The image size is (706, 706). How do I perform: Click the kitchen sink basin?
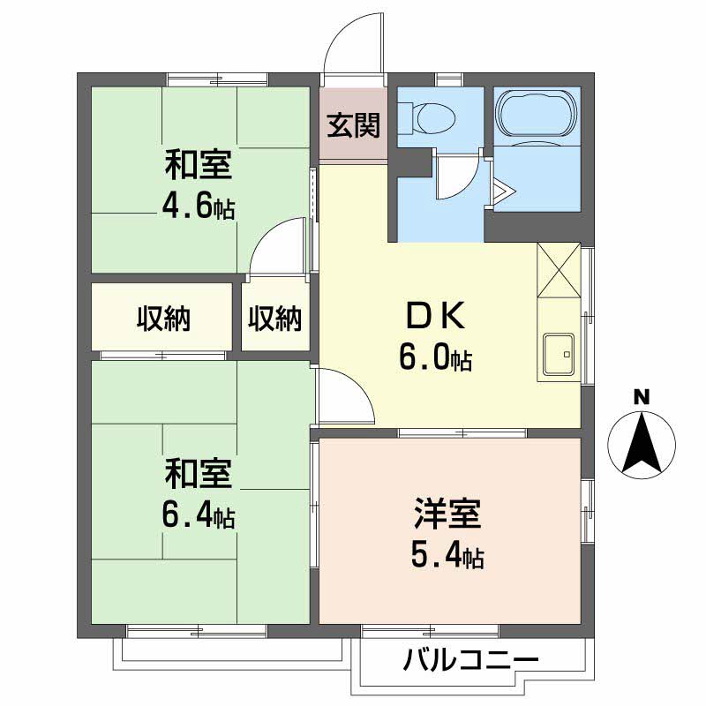pos(558,354)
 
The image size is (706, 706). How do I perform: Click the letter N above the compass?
pos(642,396)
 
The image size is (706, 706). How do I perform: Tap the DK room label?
pos(434,315)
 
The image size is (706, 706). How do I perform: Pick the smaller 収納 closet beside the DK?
pos(274,318)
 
